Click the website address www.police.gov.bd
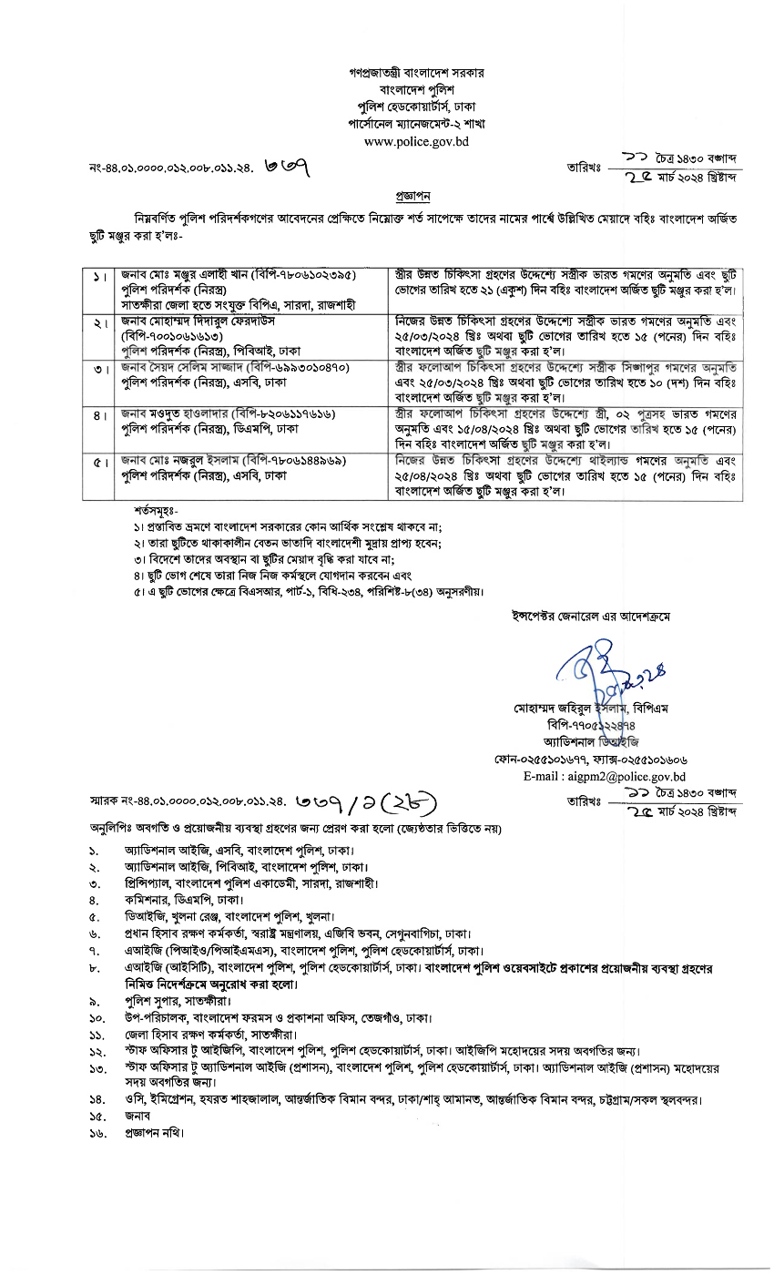(x=416, y=141)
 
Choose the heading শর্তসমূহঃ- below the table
(x=158, y=511)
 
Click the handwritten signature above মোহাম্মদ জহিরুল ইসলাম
(x=601, y=671)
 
